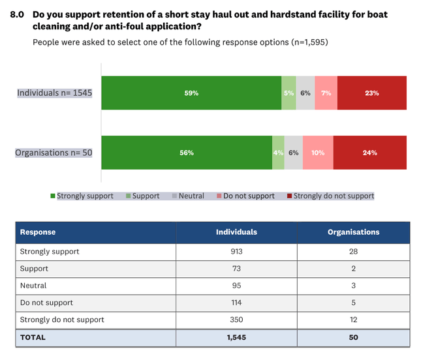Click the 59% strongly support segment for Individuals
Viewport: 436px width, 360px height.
click(191, 93)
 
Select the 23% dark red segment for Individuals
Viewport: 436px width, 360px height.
click(372, 93)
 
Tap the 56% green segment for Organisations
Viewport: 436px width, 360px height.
click(187, 153)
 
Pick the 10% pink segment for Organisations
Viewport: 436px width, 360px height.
click(318, 153)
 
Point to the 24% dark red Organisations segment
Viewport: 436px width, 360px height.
click(370, 153)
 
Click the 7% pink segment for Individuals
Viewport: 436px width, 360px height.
click(326, 93)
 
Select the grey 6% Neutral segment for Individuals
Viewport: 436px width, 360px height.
click(305, 93)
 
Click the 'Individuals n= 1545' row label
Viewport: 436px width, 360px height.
click(55, 93)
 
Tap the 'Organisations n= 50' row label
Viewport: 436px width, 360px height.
click(54, 153)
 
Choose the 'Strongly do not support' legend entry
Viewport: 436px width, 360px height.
click(330, 196)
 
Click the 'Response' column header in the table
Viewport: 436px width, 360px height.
click(38, 232)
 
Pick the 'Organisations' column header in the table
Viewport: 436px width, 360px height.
click(353, 232)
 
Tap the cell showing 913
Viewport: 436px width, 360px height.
click(236, 252)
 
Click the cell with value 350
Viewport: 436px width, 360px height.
click(236, 320)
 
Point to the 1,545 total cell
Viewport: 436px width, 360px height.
click(236, 338)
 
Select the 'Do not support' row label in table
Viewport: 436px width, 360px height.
click(46, 303)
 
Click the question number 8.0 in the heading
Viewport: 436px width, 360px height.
click(17, 13)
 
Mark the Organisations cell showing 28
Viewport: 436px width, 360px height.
click(353, 252)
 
